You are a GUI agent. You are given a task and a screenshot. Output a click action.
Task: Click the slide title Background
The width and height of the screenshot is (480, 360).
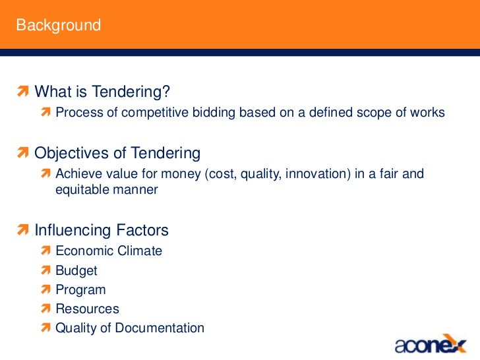pyautogui.click(x=59, y=26)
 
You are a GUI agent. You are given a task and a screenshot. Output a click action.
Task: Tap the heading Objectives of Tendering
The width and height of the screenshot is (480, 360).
pyautogui.click(x=117, y=154)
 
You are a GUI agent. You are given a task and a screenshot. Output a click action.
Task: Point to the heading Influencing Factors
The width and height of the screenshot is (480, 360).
pyautogui.click(x=102, y=231)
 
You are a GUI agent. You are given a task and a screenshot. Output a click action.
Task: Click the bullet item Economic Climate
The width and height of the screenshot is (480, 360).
pyautogui.click(x=109, y=251)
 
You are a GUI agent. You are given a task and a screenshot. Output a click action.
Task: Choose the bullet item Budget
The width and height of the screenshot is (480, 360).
pyautogui.click(x=76, y=270)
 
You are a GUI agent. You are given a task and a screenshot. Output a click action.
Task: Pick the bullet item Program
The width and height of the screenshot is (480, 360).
pyautogui.click(x=80, y=289)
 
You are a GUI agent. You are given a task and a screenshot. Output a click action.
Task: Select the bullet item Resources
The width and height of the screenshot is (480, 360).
pyautogui.click(x=87, y=309)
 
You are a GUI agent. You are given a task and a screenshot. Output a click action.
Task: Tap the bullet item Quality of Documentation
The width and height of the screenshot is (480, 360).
pyautogui.click(x=130, y=328)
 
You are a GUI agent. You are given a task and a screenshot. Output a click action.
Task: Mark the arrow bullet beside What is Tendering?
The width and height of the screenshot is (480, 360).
pyautogui.click(x=24, y=90)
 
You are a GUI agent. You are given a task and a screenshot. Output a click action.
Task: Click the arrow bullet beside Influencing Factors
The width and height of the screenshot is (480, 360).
pyautogui.click(x=24, y=231)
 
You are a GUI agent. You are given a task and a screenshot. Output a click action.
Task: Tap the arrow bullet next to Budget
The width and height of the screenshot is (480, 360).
pyautogui.click(x=45, y=270)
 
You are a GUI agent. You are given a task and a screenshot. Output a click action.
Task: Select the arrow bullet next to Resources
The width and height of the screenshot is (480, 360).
pyautogui.click(x=45, y=309)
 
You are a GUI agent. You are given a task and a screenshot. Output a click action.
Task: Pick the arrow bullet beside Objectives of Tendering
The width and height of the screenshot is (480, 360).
pyautogui.click(x=24, y=154)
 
